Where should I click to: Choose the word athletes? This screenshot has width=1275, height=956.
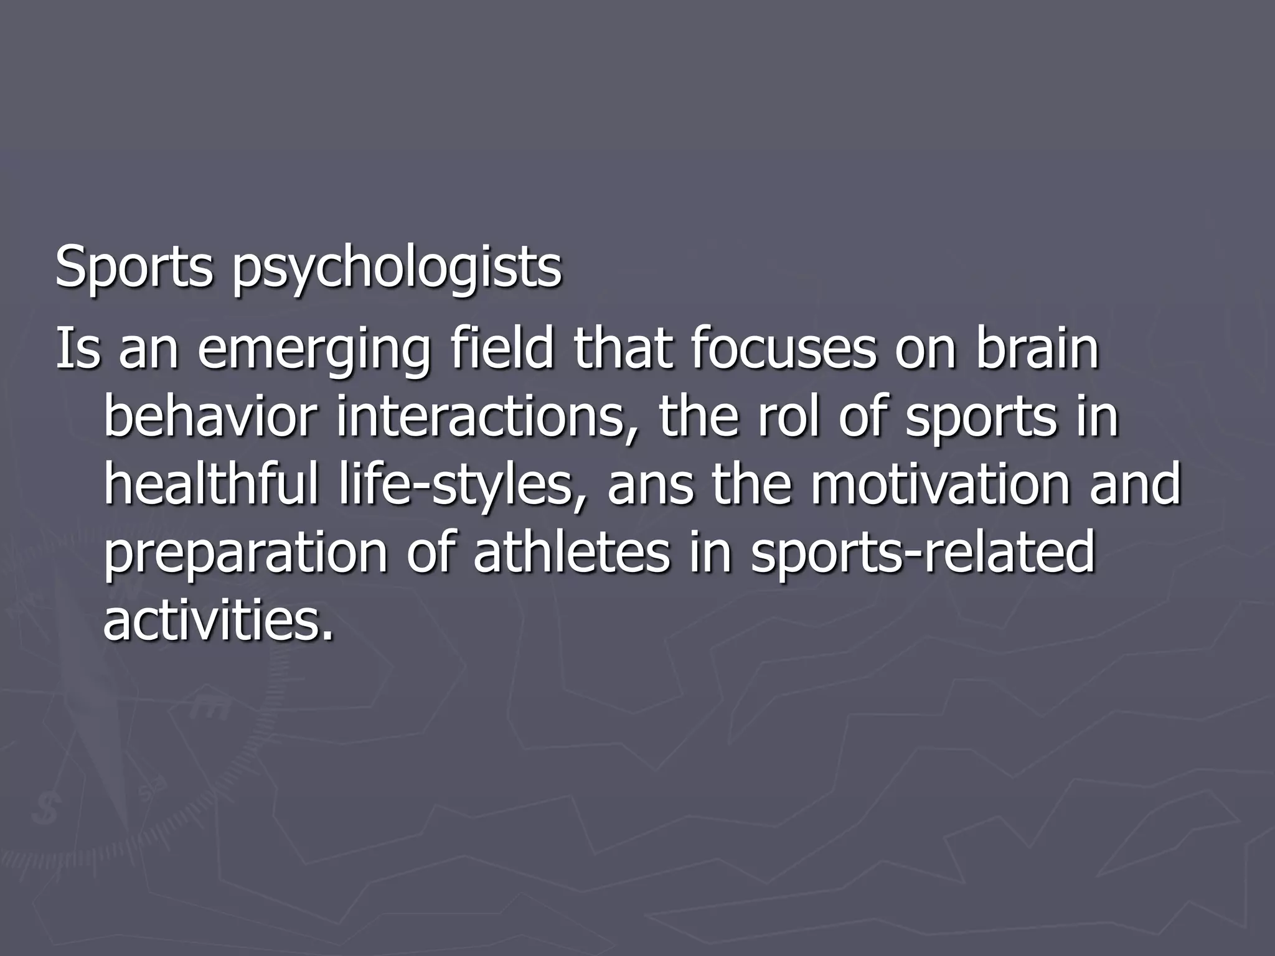pyautogui.click(x=572, y=552)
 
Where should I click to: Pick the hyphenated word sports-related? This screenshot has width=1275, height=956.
pyautogui.click(x=922, y=553)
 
